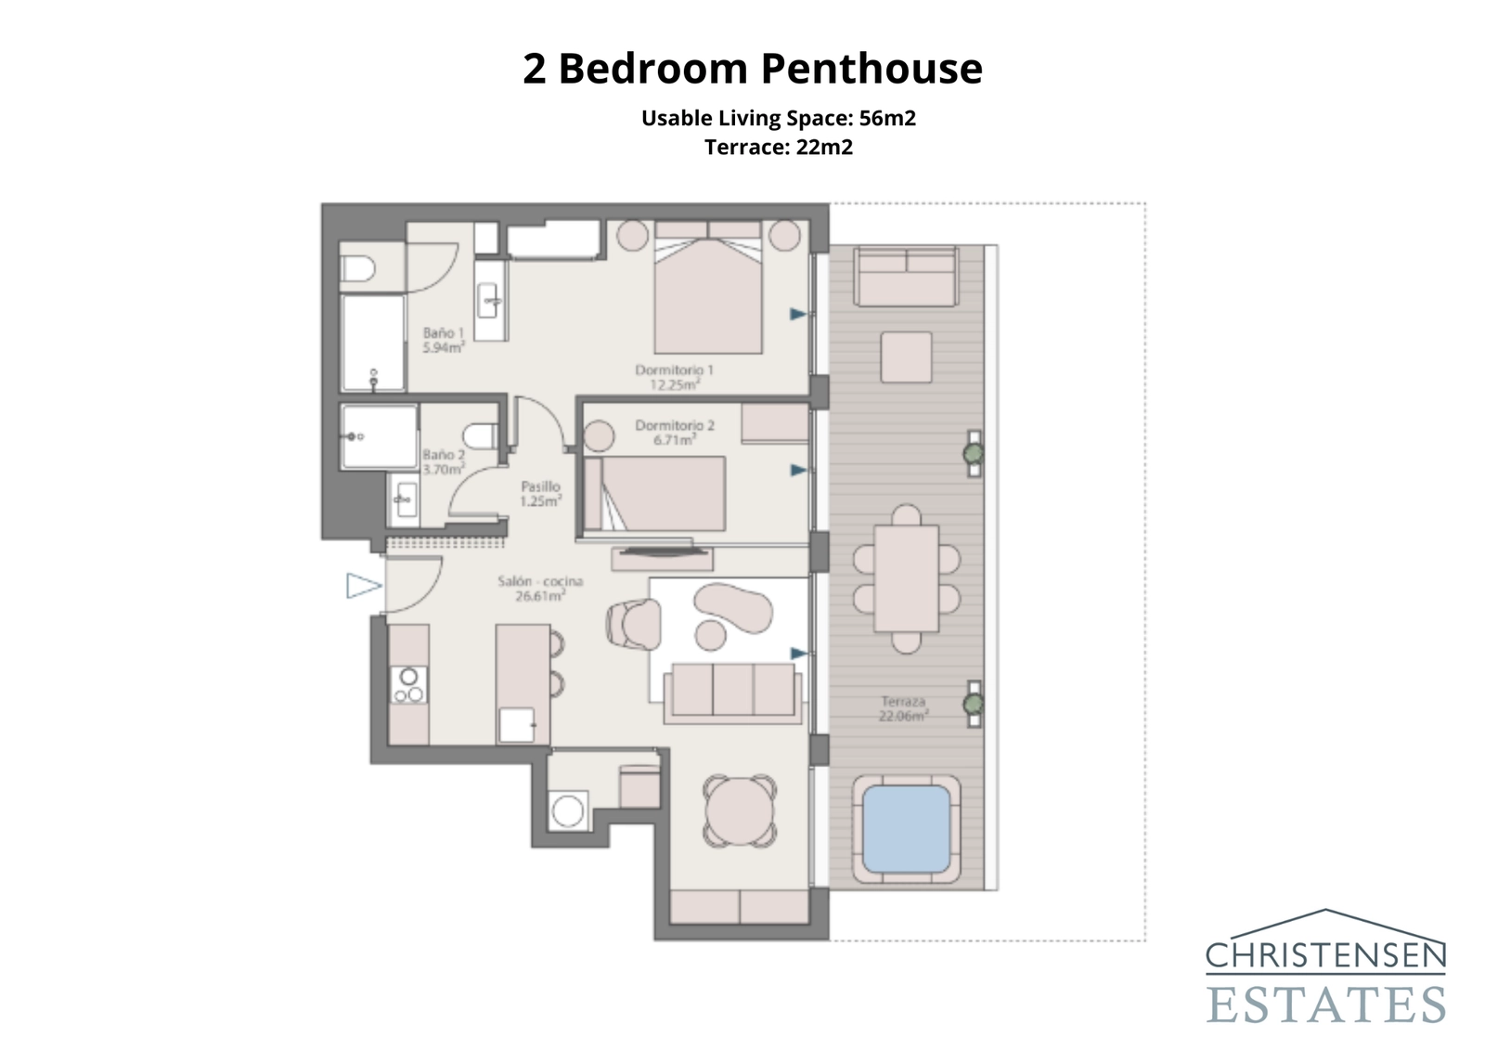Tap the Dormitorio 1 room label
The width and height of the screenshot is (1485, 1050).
tap(674, 376)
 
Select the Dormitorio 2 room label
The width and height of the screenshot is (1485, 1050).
tap(675, 432)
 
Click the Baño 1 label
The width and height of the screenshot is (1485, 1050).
tap(443, 340)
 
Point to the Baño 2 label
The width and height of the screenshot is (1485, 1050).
tap(443, 461)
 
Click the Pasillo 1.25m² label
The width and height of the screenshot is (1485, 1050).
tap(540, 493)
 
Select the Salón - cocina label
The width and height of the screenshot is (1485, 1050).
tap(540, 588)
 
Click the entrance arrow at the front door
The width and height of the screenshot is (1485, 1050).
tap(363, 586)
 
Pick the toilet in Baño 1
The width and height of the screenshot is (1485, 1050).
tap(358, 269)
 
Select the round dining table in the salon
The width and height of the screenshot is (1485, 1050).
tap(739, 810)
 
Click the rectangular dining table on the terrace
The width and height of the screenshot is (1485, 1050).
tap(906, 577)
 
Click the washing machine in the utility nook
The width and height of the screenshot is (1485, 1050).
tap(568, 810)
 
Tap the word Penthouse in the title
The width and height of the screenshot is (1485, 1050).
tap(872, 69)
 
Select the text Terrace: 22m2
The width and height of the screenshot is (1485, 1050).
tap(778, 147)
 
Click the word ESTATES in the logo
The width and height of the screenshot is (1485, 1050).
tap(1325, 1005)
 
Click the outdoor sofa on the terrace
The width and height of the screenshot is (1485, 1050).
tap(906, 277)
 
